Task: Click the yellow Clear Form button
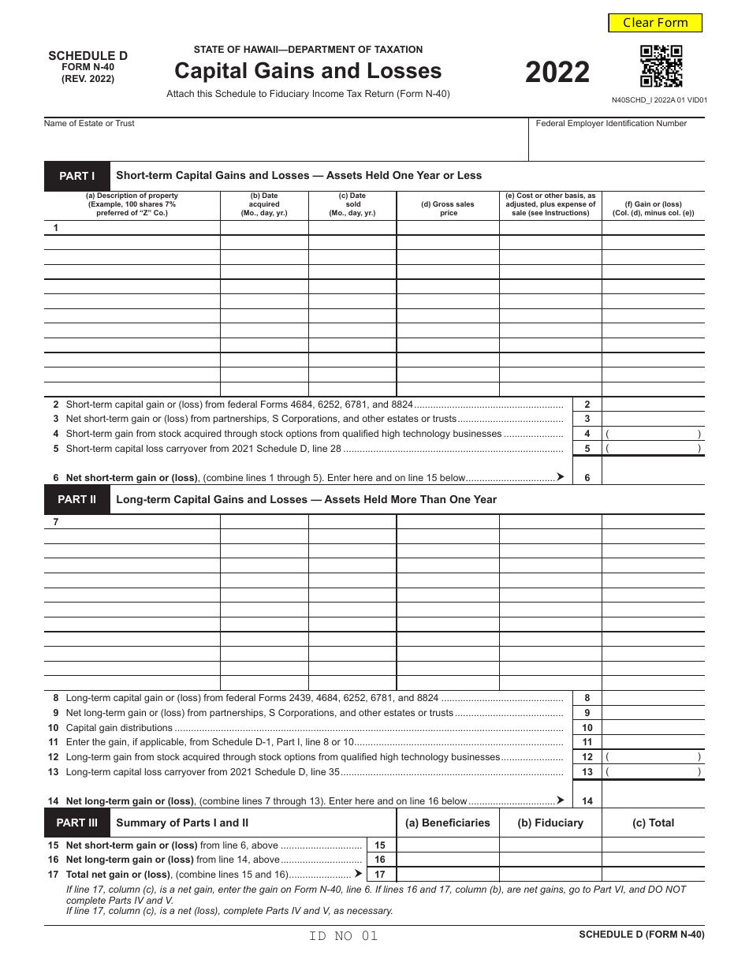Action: coord(655,23)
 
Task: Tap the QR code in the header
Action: coord(661,66)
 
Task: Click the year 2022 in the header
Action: coord(557,73)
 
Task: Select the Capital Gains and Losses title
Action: coord(307,71)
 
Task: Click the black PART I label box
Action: coord(76,176)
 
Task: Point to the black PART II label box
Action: coord(76,499)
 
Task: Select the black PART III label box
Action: coord(76,823)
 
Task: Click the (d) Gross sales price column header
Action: coord(448,208)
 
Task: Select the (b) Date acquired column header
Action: coord(264,204)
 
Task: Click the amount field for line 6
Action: coord(653,477)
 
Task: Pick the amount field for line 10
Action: coord(653,728)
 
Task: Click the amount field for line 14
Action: coord(653,800)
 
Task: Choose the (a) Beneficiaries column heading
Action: coord(447,823)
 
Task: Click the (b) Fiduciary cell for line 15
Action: coord(550,845)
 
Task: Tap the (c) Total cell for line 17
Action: coord(653,874)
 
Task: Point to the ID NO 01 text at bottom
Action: coord(344,936)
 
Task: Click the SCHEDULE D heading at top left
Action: coord(88,56)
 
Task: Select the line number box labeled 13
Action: coord(587,772)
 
